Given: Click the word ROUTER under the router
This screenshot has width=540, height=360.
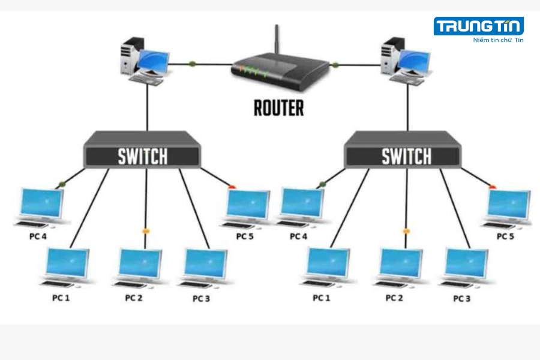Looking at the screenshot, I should (278, 108).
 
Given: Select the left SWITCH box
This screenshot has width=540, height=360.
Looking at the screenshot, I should (143, 155).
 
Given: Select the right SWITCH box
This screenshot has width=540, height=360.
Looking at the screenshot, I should (406, 155).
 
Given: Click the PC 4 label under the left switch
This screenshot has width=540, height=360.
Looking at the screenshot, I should (37, 236).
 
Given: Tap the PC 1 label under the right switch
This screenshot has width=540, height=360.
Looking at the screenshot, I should (322, 298).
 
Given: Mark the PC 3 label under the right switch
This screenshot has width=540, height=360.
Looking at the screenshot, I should (462, 298).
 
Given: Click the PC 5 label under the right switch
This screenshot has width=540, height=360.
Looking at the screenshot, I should (505, 236).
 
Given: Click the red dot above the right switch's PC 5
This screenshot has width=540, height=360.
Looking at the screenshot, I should (493, 187).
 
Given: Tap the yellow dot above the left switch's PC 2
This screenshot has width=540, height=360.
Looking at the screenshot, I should (145, 231).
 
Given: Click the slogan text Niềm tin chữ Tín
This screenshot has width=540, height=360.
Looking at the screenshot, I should (498, 40).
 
